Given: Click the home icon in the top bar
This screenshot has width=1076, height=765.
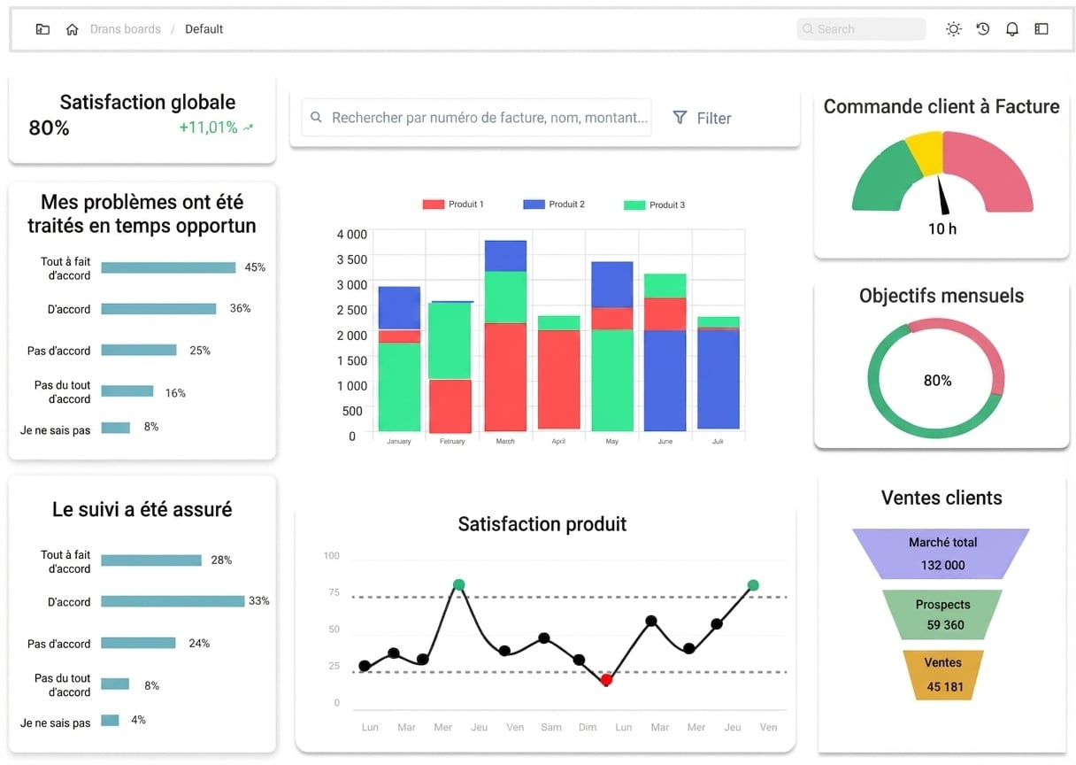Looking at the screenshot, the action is tap(72, 29).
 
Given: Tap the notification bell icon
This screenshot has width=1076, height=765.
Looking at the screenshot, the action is tap(1011, 29).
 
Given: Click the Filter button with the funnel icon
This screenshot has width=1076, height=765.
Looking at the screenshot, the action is tap(702, 118).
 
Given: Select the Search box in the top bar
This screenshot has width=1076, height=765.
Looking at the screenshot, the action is tap(861, 29).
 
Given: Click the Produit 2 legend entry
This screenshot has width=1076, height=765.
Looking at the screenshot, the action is tap(554, 205).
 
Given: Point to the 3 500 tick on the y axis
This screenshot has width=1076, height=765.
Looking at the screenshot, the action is tap(351, 259).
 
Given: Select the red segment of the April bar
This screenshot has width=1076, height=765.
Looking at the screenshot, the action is tap(558, 379).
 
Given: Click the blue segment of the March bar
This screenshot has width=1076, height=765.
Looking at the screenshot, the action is tap(505, 256).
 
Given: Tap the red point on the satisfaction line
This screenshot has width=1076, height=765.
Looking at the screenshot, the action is tap(606, 679).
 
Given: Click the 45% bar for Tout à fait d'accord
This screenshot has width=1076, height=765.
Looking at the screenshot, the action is tap(168, 267).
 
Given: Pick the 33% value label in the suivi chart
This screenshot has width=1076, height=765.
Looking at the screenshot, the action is tap(259, 600).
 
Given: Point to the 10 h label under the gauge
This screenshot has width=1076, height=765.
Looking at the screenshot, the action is tap(942, 228).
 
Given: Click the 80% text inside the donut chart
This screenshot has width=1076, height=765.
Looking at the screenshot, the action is tap(937, 381).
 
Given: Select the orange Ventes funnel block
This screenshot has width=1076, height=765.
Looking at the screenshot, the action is tap(943, 675).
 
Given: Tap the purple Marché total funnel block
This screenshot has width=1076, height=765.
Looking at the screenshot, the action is tap(941, 553).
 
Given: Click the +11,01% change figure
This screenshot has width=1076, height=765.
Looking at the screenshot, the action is tap(208, 127).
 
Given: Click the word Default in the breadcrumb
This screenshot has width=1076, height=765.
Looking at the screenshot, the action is tap(204, 29).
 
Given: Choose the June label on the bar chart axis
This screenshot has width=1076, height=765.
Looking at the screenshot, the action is tap(665, 441).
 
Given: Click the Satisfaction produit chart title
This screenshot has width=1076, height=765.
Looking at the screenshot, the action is tap(542, 524).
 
